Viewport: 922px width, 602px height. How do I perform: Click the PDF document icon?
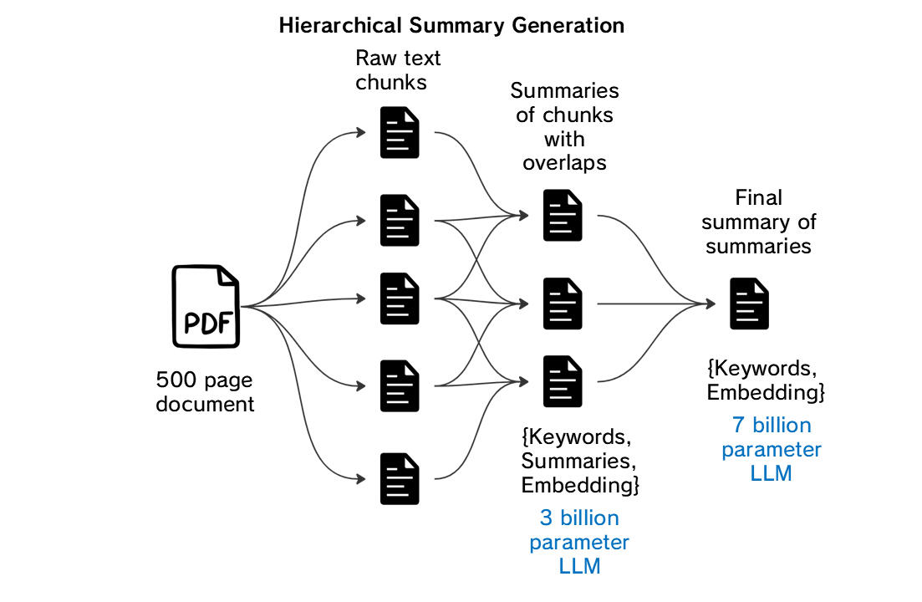206,305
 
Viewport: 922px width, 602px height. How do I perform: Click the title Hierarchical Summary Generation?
451,25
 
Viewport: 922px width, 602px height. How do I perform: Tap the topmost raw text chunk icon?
400,132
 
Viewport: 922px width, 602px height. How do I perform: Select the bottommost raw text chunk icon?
400,478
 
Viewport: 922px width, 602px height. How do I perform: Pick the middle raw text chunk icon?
400,298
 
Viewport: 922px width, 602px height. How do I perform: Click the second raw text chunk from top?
400,220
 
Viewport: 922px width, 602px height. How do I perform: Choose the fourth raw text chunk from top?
400,385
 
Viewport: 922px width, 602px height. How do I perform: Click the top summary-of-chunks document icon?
563,215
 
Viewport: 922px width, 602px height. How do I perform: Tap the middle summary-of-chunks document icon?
563,304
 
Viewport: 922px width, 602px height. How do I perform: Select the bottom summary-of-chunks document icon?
563,381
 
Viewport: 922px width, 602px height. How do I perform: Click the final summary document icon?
749,304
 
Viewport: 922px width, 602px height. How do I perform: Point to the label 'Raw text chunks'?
398,70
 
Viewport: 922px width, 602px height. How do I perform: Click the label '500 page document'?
205,392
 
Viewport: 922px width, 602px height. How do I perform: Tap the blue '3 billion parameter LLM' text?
579,542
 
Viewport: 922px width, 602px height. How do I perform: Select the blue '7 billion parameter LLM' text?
771,449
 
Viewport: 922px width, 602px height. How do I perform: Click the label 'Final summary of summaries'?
758,222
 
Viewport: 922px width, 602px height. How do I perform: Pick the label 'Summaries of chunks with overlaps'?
564,126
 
